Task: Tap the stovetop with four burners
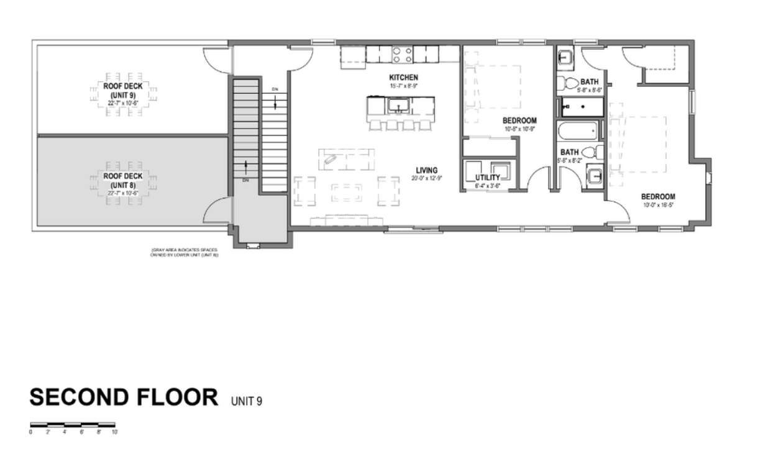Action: [401, 54]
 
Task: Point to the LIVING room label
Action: [427, 170]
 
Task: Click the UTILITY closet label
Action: [487, 178]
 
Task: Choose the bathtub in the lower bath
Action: [578, 132]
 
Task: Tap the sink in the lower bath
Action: [595, 177]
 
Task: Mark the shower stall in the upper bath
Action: [582, 107]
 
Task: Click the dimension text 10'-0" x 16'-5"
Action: [658, 204]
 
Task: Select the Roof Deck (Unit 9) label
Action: [123, 90]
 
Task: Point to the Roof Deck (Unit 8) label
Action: [123, 180]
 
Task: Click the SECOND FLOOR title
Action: [124, 397]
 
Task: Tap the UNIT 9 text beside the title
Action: [246, 401]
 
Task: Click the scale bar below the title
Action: [73, 425]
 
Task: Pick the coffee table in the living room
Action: [347, 192]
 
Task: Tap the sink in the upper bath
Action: [566, 58]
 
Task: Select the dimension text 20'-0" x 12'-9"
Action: [427, 178]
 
